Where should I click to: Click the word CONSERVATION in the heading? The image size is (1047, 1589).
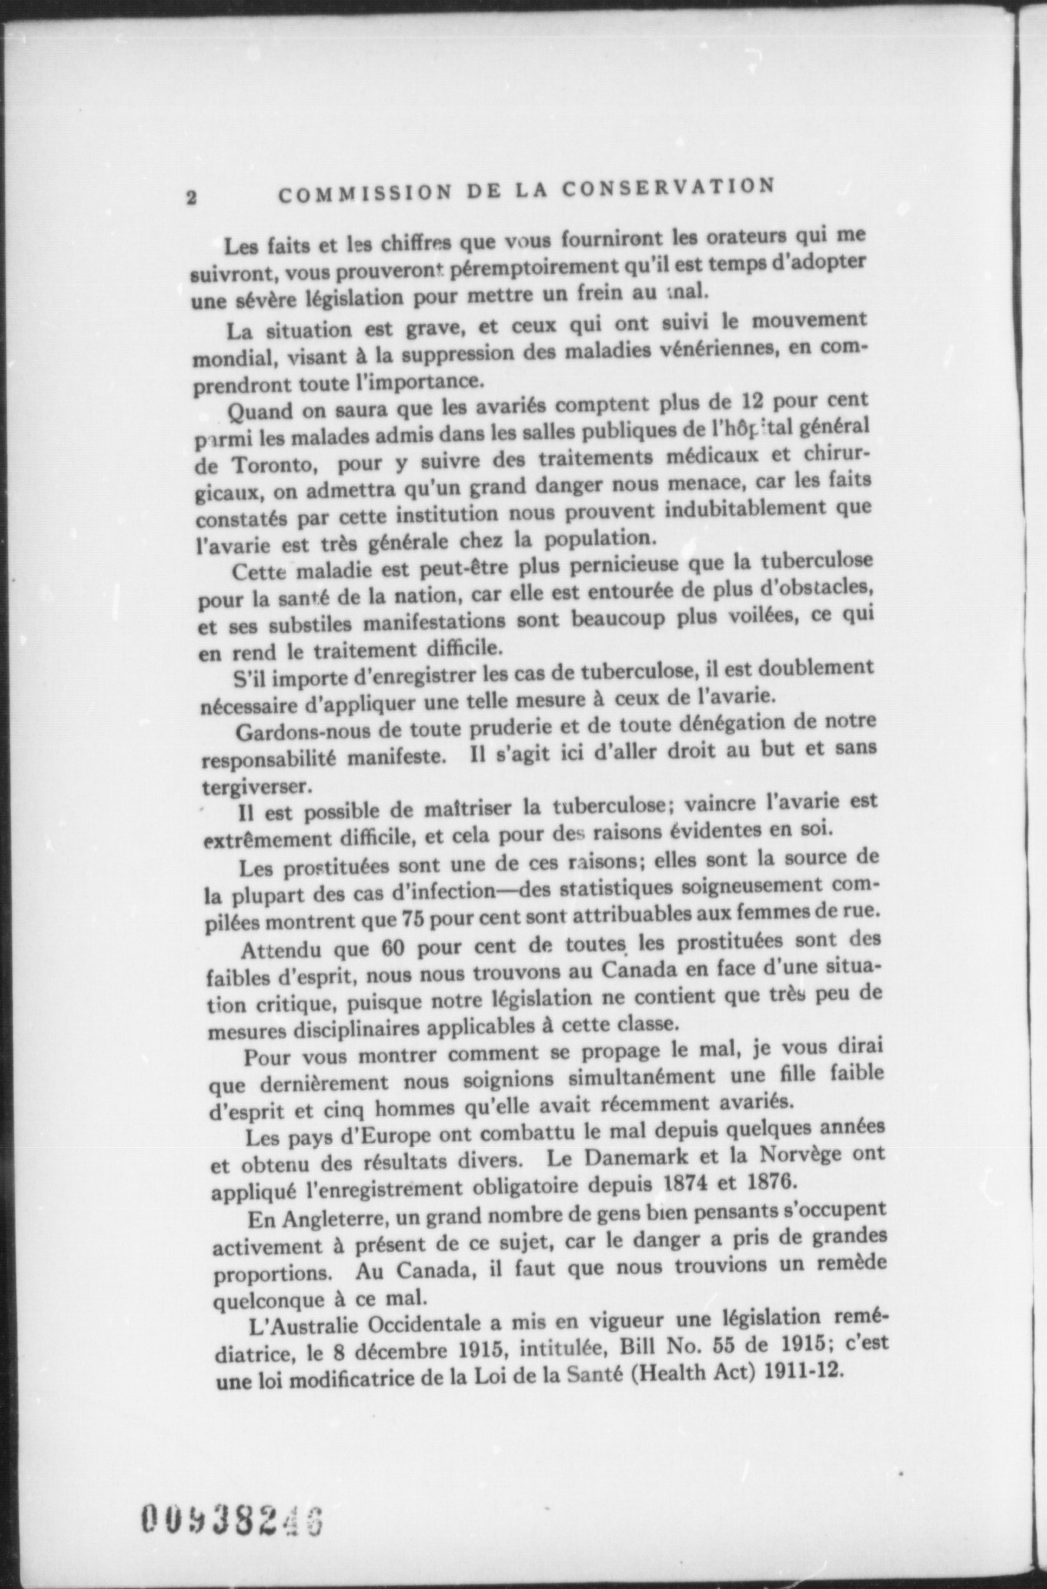pos(667,189)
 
